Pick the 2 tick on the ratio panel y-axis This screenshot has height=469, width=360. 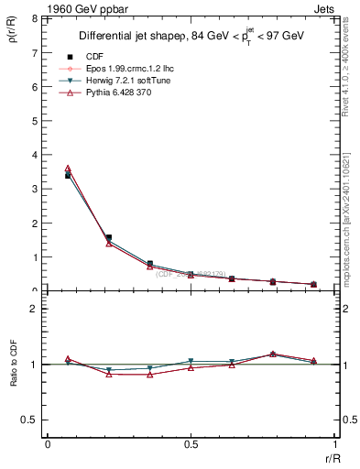point(34,310)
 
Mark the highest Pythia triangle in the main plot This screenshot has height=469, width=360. point(68,169)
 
